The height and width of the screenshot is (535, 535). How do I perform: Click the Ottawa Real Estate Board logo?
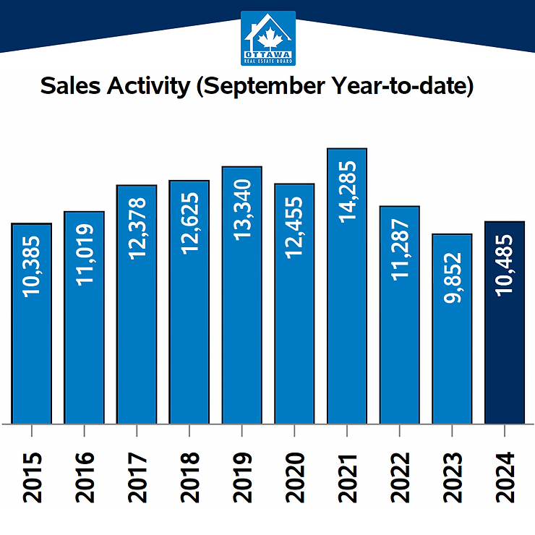(267, 38)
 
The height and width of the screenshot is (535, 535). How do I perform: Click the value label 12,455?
(294, 233)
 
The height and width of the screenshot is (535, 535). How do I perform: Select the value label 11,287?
(399, 255)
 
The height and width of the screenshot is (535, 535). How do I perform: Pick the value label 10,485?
(504, 265)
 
